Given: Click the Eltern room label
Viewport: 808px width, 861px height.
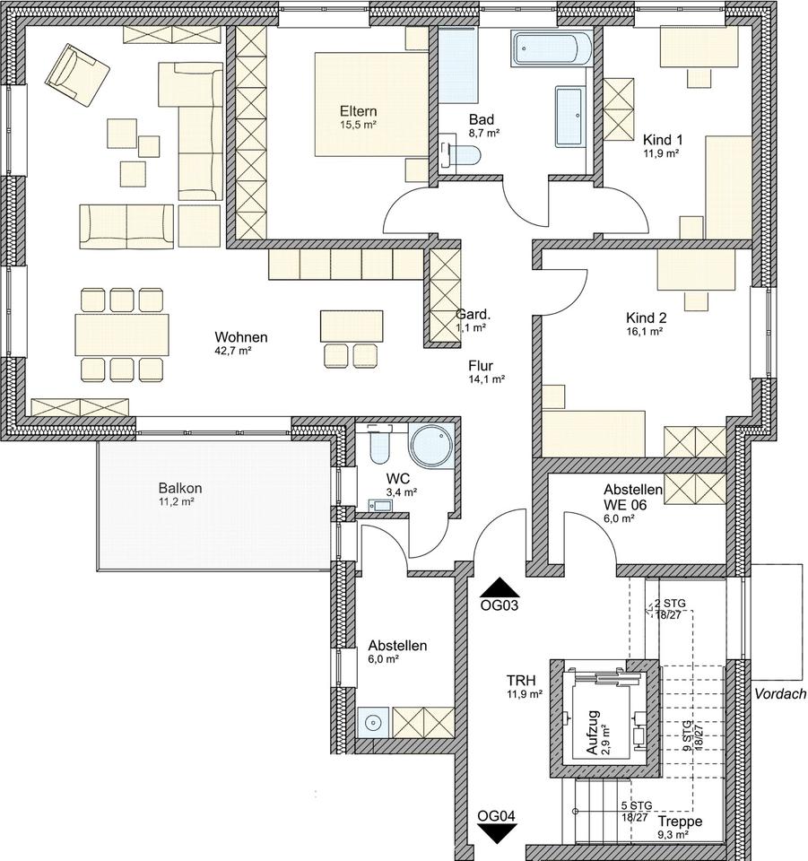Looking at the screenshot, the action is click(358, 111).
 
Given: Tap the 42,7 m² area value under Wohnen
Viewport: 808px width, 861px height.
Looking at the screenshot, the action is click(233, 351).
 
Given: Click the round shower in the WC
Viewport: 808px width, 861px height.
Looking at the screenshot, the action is click(431, 445).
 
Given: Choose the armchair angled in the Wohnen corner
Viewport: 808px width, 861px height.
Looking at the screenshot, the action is click(77, 75).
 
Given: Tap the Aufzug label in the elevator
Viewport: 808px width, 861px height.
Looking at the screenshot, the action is click(593, 733).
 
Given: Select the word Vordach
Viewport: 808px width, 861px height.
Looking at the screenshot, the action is click(780, 693).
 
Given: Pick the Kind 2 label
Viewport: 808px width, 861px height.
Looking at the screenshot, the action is click(646, 317).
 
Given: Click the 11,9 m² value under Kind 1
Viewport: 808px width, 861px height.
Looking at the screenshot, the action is click(661, 153).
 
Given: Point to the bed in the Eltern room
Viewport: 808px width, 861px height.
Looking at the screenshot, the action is click(371, 104).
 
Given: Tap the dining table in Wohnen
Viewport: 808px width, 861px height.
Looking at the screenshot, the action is click(122, 335).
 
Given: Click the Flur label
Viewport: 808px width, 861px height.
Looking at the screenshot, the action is click(481, 365).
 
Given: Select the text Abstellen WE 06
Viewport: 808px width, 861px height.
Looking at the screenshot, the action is click(633, 496).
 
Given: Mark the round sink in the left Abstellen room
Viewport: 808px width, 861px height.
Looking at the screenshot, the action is click(373, 722).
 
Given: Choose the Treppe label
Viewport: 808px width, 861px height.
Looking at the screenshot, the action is click(680, 822).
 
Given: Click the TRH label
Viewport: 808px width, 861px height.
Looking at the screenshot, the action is click(520, 681).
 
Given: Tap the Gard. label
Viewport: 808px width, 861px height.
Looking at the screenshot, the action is click(474, 315).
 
